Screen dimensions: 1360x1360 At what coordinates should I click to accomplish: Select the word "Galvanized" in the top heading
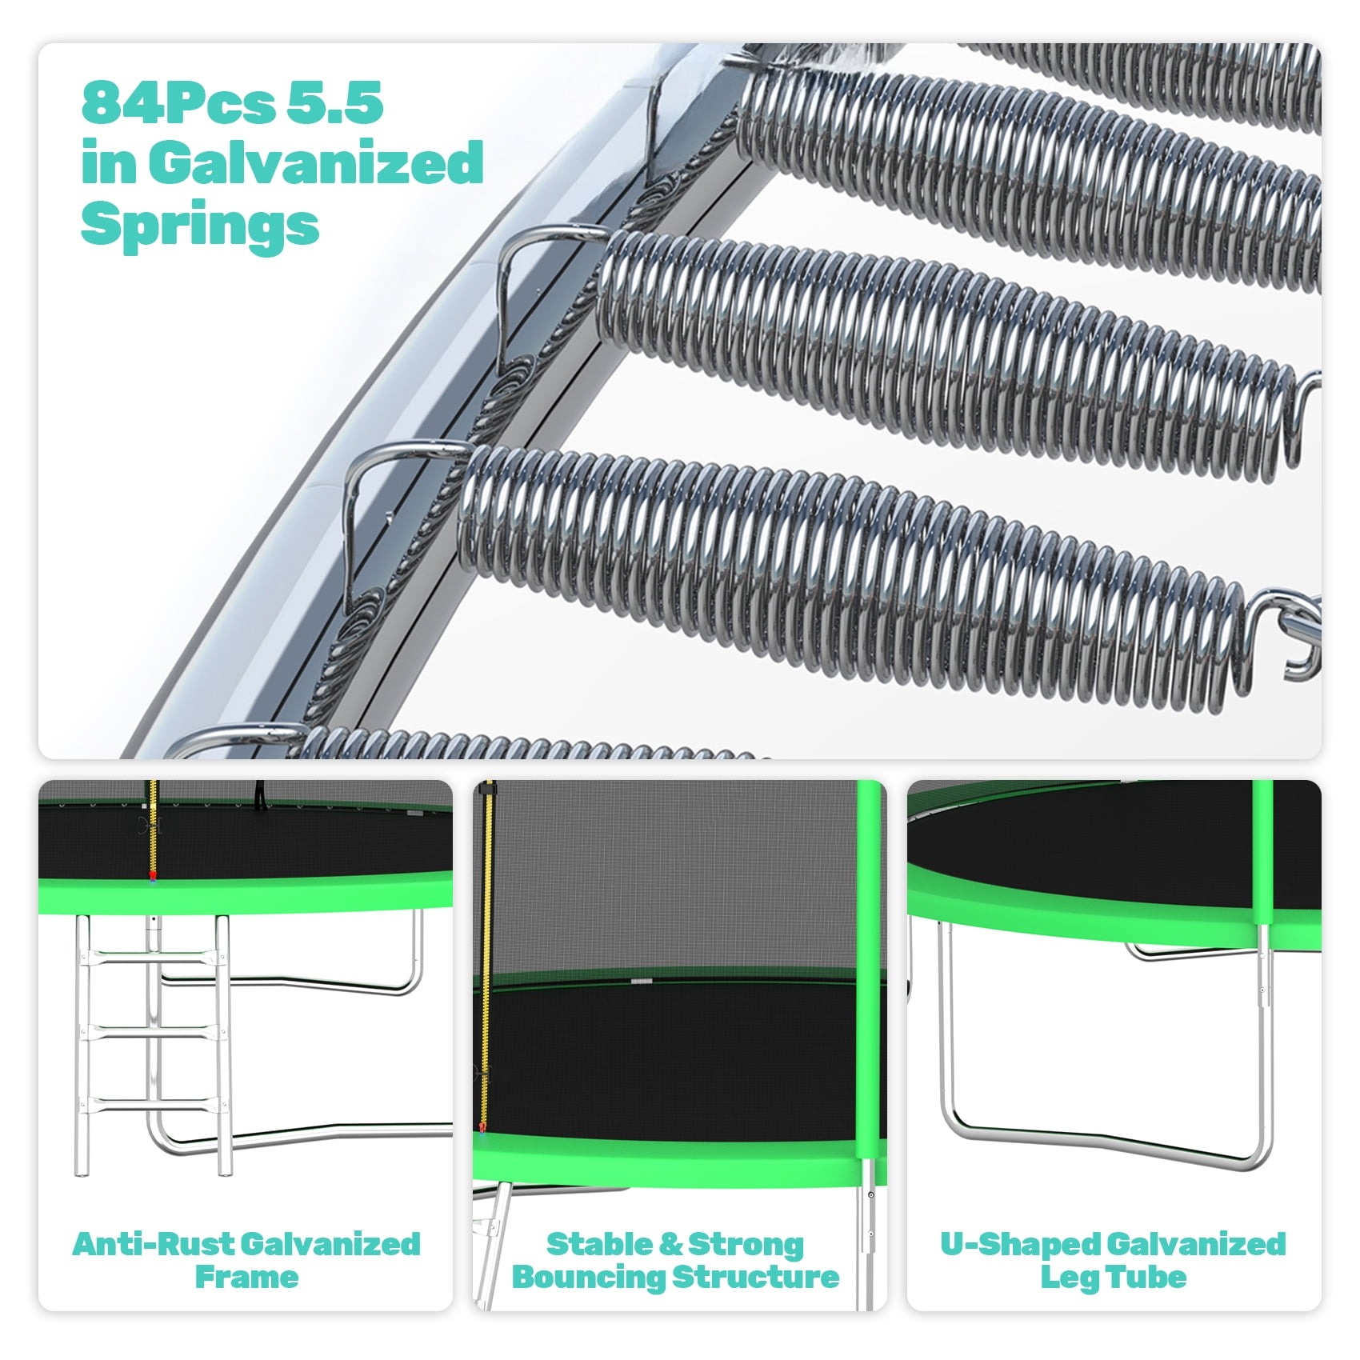point(316,162)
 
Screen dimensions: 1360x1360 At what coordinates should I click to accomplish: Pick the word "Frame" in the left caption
point(246,1278)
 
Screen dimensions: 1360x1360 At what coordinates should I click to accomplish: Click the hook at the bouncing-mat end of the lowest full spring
point(1288,632)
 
